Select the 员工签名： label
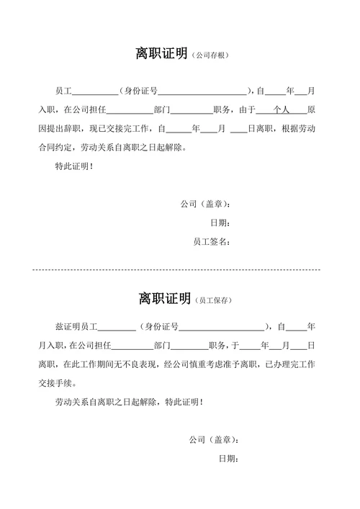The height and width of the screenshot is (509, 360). pos(212,242)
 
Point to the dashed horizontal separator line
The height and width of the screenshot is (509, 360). pos(176,269)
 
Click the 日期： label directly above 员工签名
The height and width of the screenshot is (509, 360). pos(220,223)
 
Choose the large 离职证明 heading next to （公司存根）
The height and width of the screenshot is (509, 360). pos(162,54)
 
